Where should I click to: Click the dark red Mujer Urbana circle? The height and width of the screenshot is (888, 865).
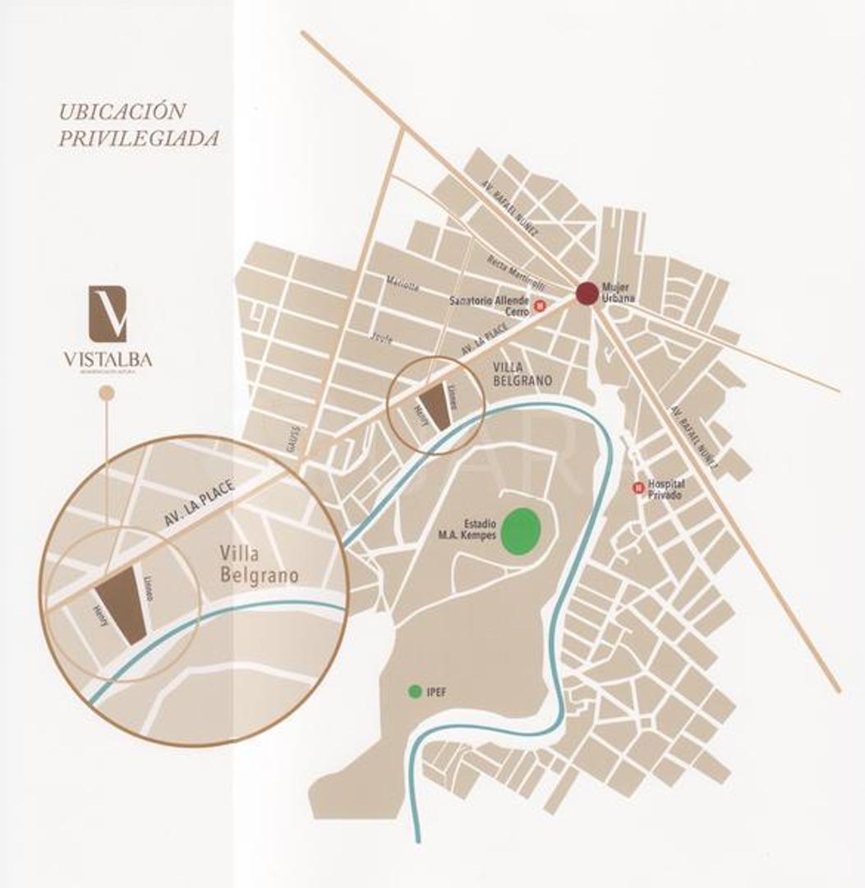tap(587, 294)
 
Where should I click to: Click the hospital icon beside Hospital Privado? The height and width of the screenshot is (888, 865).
tap(637, 488)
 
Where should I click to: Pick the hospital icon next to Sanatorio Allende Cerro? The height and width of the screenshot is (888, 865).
tap(540, 306)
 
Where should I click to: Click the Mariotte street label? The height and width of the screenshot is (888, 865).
tap(403, 286)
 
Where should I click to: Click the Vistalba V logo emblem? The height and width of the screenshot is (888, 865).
tap(108, 313)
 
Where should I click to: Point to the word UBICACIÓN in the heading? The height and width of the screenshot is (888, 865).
tap(122, 111)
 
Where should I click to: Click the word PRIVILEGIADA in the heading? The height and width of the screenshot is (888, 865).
tap(138, 138)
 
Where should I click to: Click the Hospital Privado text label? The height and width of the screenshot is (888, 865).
tap(667, 489)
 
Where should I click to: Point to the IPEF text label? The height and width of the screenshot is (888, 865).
tap(437, 692)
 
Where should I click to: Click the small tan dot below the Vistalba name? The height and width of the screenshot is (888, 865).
tap(106, 394)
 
